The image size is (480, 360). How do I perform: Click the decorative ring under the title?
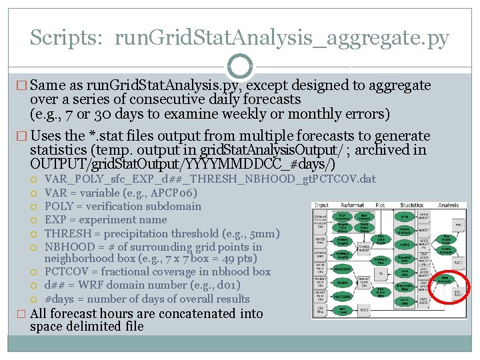coord(240,67)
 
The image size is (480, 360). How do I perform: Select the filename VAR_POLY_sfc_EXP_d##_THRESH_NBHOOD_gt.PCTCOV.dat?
coord(210,179)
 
